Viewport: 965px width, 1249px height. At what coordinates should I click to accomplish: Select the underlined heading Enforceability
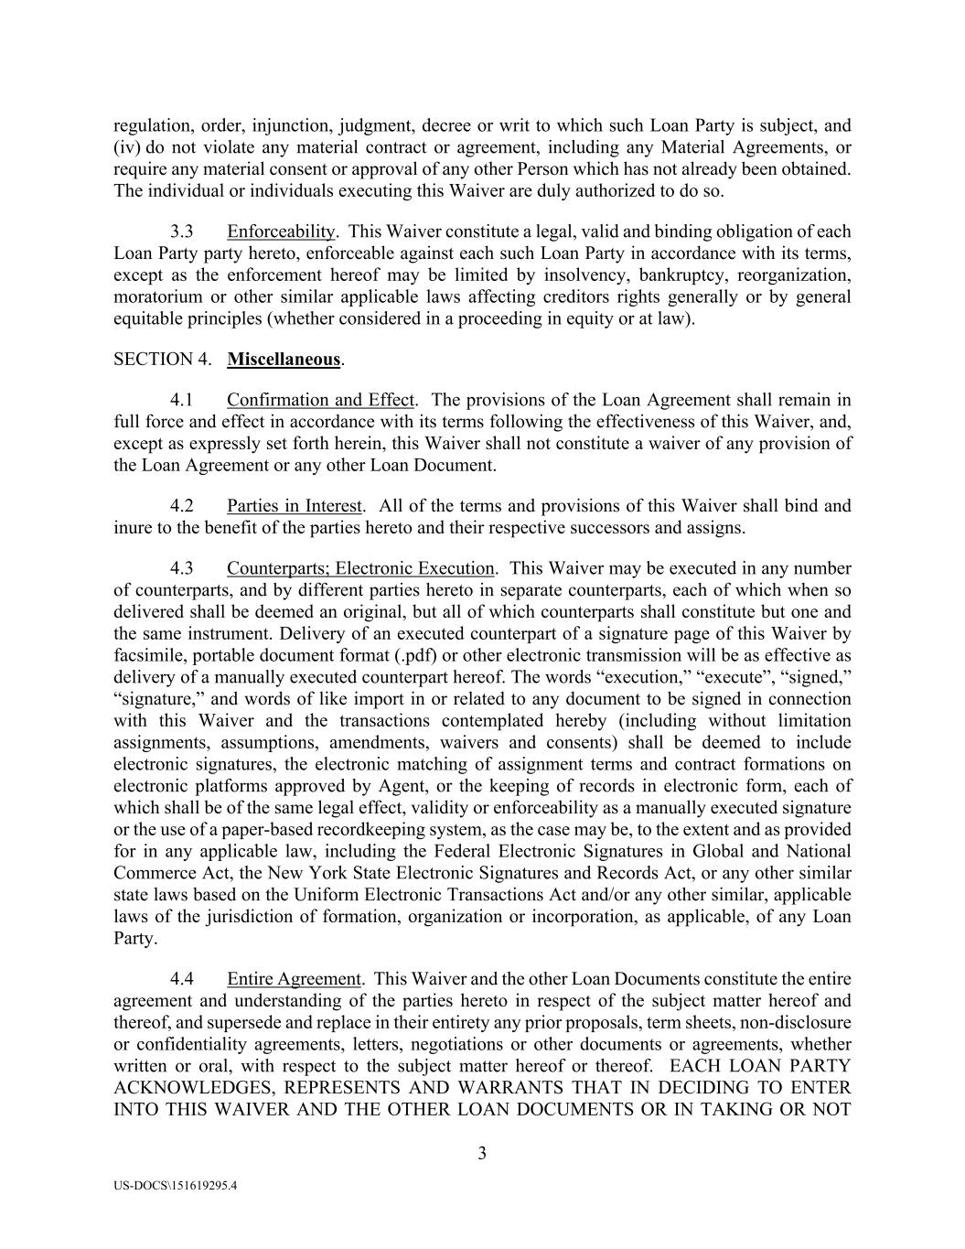(281, 231)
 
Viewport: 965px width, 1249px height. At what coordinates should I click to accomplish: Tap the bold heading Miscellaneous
(284, 360)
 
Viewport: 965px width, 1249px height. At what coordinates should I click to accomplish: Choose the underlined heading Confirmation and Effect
(320, 400)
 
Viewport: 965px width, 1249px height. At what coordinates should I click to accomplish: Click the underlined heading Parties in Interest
(295, 506)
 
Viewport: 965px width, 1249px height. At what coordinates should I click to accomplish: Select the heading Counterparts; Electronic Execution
(360, 568)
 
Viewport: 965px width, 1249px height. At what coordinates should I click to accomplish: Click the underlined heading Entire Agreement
(294, 979)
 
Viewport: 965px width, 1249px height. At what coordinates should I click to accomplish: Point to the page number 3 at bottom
(482, 1153)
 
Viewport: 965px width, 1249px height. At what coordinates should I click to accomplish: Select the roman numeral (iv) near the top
(126, 147)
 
